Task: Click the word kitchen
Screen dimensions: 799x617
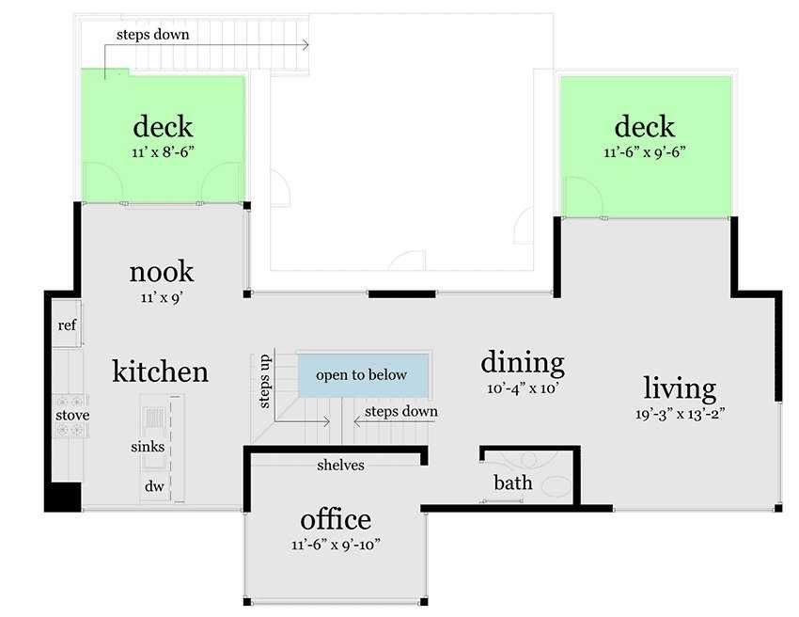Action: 160,372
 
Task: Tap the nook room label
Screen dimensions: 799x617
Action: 162,272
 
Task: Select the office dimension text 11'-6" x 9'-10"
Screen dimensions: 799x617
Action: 336,545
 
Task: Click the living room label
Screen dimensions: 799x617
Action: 680,389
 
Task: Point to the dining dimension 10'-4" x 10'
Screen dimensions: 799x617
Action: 524,388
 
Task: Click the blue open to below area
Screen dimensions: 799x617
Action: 363,375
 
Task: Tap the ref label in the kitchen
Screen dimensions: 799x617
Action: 67,324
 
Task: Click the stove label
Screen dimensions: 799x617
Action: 72,415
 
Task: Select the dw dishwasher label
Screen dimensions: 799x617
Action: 154,486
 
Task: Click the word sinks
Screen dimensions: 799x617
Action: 148,447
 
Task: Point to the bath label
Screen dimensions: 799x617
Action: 513,483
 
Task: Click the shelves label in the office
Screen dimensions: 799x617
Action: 340,465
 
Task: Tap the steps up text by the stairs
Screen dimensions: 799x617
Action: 264,382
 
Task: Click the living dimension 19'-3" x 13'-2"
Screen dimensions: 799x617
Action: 680,414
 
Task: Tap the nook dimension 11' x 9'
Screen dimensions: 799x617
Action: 162,297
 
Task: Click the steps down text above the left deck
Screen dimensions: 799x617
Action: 153,35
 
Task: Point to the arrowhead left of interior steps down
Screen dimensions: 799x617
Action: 356,421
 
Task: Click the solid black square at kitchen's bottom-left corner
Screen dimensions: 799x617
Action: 63,497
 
